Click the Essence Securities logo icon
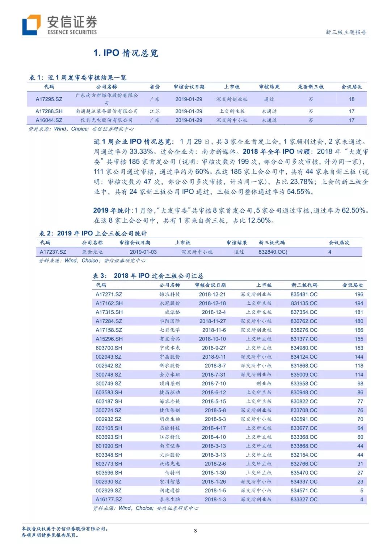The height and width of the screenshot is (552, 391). click(31, 25)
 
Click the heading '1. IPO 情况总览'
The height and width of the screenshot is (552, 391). click(126, 53)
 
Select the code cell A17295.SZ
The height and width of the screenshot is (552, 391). click(49, 99)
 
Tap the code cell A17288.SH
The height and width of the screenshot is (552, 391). click(49, 111)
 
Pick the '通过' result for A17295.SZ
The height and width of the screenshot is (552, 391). click(269, 99)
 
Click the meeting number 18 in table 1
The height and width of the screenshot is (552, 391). click(352, 99)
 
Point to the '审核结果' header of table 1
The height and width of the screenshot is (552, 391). click(269, 87)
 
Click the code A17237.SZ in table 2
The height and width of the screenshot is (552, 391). click(53, 252)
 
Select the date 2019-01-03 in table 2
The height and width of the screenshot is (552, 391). click(143, 252)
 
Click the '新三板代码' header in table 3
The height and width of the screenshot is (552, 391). click(304, 285)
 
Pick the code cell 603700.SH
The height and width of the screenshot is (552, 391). click(109, 348)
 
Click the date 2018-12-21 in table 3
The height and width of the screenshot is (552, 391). click(212, 295)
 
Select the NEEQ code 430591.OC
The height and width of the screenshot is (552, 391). click(304, 419)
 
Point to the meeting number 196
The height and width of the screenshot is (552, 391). click(359, 295)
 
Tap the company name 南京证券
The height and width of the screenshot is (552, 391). click(169, 446)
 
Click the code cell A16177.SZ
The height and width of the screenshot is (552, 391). click(109, 500)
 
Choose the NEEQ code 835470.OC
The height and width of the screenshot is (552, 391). click(304, 473)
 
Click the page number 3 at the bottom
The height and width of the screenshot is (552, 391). click(195, 531)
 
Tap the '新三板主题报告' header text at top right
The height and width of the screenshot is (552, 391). click(346, 32)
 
